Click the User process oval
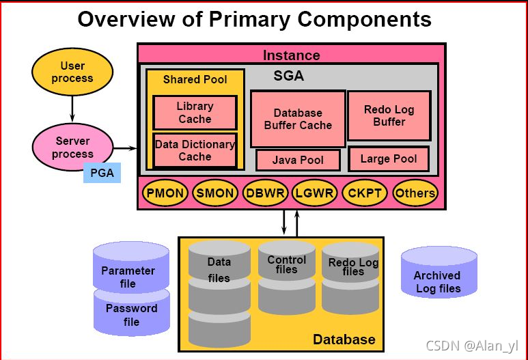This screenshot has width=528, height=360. pos(72,72)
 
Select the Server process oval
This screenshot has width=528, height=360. pos(72,148)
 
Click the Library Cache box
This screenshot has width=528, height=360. pos(195,113)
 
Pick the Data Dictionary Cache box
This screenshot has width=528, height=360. pos(195,150)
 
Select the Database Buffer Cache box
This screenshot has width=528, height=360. pos(298,119)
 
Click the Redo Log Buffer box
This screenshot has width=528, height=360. pos(389,115)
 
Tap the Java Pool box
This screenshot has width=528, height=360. pos(298,160)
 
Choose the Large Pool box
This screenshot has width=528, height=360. pos(389,159)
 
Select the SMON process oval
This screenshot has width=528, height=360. pos(214,193)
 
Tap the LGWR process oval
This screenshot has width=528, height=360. pos(314,193)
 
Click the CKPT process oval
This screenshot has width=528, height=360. pos(364,193)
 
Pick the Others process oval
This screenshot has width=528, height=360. pos(415,193)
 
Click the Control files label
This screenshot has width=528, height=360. pos(287,264)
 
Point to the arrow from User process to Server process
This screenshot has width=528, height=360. pos(72,108)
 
